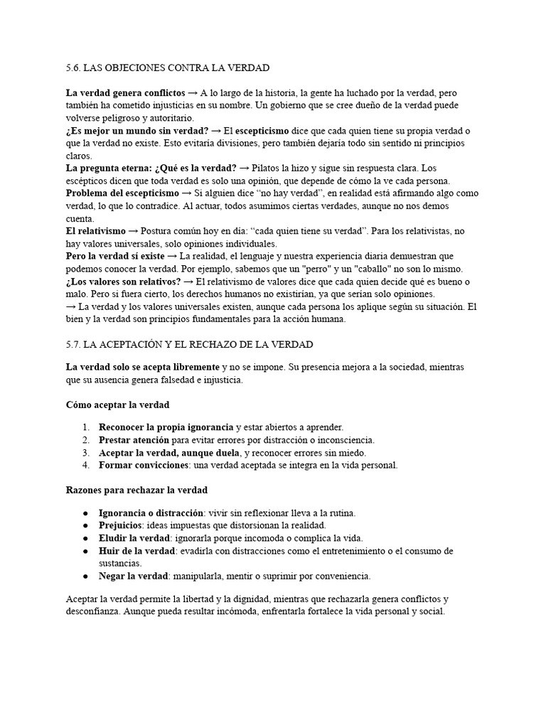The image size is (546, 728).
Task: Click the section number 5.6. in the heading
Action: click(73, 68)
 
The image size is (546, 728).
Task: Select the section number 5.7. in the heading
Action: click(73, 344)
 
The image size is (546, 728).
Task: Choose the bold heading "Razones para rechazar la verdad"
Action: click(136, 490)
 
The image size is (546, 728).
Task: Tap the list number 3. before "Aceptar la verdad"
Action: click(85, 452)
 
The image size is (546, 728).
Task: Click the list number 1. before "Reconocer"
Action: click(85, 427)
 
